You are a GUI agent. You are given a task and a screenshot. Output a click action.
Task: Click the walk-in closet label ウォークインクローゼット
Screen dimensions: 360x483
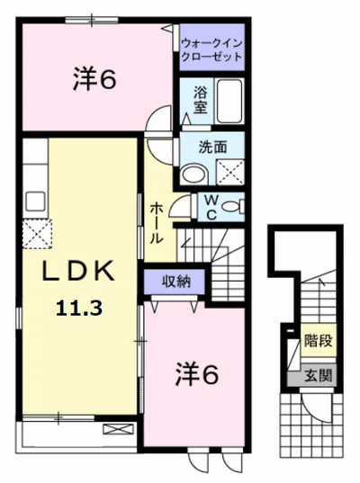pos(211,49)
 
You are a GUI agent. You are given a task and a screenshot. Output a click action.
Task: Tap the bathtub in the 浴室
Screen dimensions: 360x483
pos(229,101)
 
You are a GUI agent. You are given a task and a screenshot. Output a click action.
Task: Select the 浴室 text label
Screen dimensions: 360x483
pos(200,100)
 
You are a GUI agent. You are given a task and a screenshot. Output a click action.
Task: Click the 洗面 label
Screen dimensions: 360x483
pos(212,147)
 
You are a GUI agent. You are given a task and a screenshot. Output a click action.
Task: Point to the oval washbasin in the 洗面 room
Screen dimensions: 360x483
pos(193,174)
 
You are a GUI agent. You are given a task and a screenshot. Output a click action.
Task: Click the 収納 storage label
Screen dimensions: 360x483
pos(176,282)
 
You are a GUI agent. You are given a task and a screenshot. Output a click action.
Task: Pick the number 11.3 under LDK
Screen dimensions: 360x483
pos(79,308)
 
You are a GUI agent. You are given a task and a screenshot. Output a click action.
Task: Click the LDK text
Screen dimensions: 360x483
pos(78,271)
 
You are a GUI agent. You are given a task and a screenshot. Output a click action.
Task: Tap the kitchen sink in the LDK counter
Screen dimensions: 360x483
pos(35,201)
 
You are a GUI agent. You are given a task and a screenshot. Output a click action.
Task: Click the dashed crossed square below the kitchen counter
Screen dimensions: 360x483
pos(37,234)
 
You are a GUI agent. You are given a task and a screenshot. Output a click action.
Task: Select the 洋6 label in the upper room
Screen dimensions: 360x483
pos(94,79)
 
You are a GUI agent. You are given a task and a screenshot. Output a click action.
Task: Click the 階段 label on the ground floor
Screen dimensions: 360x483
pos(318,341)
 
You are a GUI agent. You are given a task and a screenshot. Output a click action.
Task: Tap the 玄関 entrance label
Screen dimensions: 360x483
pos(319,375)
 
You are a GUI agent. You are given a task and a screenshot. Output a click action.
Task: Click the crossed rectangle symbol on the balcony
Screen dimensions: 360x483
pos(119,429)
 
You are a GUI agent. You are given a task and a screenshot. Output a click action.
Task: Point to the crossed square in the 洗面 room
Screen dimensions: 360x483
pos(230,172)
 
